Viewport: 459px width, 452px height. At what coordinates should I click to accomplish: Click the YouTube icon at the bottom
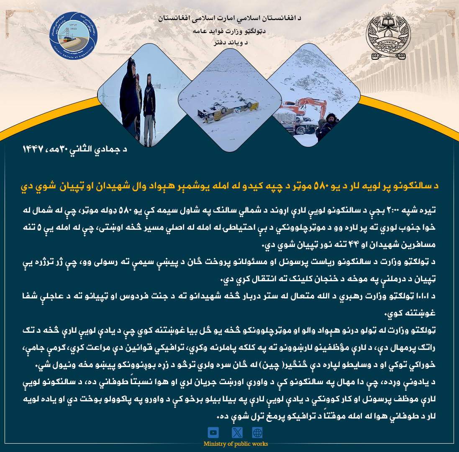pyautogui.click(x=213, y=432)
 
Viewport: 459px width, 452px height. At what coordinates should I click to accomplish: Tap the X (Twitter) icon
pyautogui.click(x=237, y=432)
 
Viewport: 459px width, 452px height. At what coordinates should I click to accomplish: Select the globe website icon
pyautogui.click(x=257, y=432)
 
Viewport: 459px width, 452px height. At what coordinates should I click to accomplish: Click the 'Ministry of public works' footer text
pyautogui.click(x=236, y=444)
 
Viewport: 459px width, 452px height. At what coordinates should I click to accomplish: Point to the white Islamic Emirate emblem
pyautogui.click(x=386, y=36)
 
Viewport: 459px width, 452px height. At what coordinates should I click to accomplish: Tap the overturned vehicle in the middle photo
pyautogui.click(x=228, y=107)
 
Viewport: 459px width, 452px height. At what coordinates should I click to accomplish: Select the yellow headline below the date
pyautogui.click(x=230, y=185)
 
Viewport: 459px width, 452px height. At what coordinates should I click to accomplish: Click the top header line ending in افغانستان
pyautogui.click(x=230, y=19)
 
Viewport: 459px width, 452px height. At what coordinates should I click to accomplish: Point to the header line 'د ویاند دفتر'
pyautogui.click(x=230, y=43)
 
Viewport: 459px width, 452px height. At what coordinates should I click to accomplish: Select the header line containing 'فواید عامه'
pyautogui.click(x=230, y=31)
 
